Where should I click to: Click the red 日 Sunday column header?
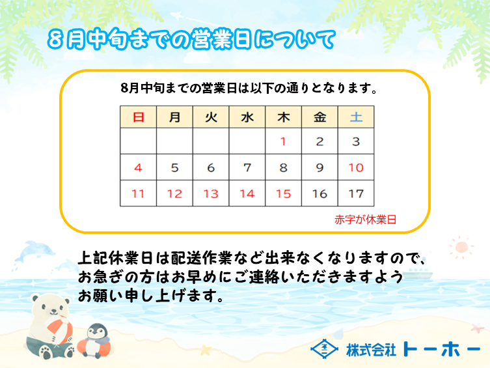(x=138, y=117)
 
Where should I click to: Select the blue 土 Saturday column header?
(x=356, y=117)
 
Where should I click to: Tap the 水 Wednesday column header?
(x=247, y=117)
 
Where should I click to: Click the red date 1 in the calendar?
(x=283, y=141)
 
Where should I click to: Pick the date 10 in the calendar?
(x=356, y=167)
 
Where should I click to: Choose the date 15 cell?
(x=284, y=193)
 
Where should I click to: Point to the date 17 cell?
(x=356, y=193)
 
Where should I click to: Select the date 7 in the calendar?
(x=247, y=167)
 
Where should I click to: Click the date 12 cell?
(x=174, y=193)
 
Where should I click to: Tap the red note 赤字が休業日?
(x=365, y=219)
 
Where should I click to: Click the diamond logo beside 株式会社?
(x=324, y=348)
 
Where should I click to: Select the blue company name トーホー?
(x=441, y=348)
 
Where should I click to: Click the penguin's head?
(x=96, y=332)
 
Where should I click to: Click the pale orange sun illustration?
(x=461, y=248)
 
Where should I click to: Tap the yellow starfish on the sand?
(x=206, y=350)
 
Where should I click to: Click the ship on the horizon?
(x=418, y=274)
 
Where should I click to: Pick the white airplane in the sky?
(x=177, y=15)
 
